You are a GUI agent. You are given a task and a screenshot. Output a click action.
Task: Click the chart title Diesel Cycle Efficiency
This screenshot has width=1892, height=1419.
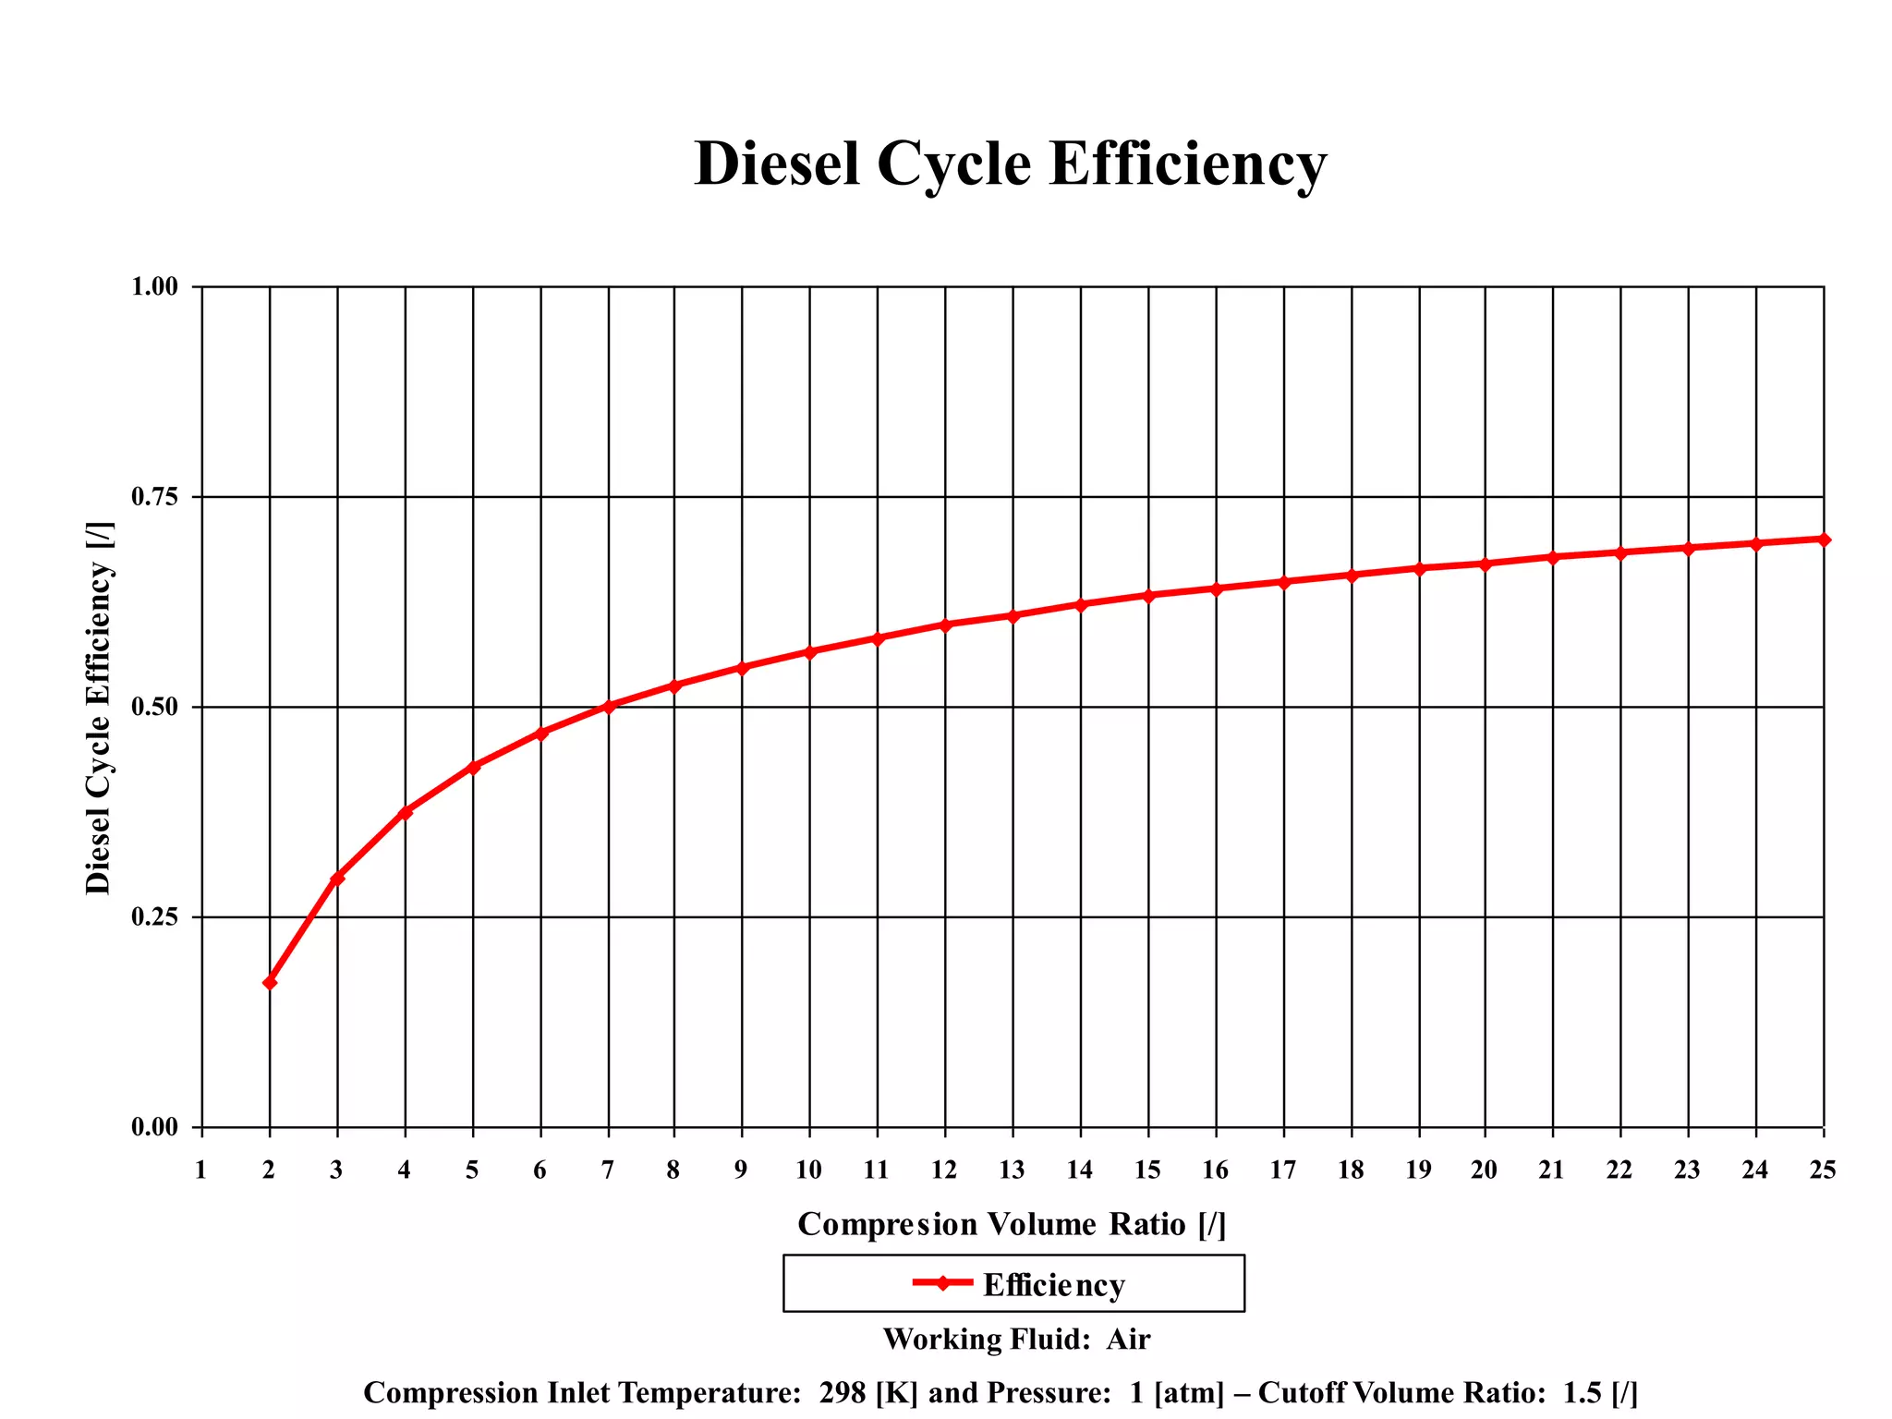point(1010,164)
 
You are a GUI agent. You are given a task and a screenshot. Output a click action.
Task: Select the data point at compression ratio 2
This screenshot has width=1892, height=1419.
point(270,982)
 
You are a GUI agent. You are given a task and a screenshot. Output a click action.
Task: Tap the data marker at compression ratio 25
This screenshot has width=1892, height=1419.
point(1824,540)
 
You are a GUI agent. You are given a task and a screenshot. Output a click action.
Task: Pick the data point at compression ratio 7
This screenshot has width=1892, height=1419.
point(609,706)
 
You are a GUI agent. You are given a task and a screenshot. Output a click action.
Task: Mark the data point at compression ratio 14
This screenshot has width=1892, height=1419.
point(1081,604)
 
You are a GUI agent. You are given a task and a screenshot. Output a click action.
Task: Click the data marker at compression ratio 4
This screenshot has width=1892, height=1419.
point(405,812)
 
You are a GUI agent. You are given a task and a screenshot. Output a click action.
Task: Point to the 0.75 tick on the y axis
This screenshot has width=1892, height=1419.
point(154,498)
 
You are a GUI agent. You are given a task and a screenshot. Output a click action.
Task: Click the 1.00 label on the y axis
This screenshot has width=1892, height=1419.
point(154,286)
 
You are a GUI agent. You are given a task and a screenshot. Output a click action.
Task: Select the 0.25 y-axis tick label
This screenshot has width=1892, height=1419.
point(154,917)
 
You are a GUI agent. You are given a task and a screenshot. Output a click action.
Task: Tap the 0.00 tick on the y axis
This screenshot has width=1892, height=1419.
point(154,1127)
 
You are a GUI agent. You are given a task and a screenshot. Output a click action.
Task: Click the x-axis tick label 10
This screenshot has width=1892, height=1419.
point(808,1170)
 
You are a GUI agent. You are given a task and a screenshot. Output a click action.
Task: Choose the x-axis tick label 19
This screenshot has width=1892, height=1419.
point(1418,1170)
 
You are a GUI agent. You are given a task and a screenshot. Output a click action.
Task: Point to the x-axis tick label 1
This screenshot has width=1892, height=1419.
point(200,1170)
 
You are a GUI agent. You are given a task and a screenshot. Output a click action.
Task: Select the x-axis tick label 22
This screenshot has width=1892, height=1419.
point(1619,1170)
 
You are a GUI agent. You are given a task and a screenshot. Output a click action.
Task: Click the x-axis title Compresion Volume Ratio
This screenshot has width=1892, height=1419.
point(1012,1224)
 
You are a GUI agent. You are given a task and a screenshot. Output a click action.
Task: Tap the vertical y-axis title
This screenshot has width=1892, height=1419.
point(99,708)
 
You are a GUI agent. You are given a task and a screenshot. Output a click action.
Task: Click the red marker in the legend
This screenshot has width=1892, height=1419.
point(942,1282)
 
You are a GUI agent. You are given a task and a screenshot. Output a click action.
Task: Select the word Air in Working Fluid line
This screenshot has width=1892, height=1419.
point(1128,1340)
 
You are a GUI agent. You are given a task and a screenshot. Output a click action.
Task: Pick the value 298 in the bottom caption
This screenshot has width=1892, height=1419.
point(842,1392)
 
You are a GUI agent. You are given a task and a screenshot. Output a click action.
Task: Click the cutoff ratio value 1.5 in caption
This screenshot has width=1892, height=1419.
point(1583,1392)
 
